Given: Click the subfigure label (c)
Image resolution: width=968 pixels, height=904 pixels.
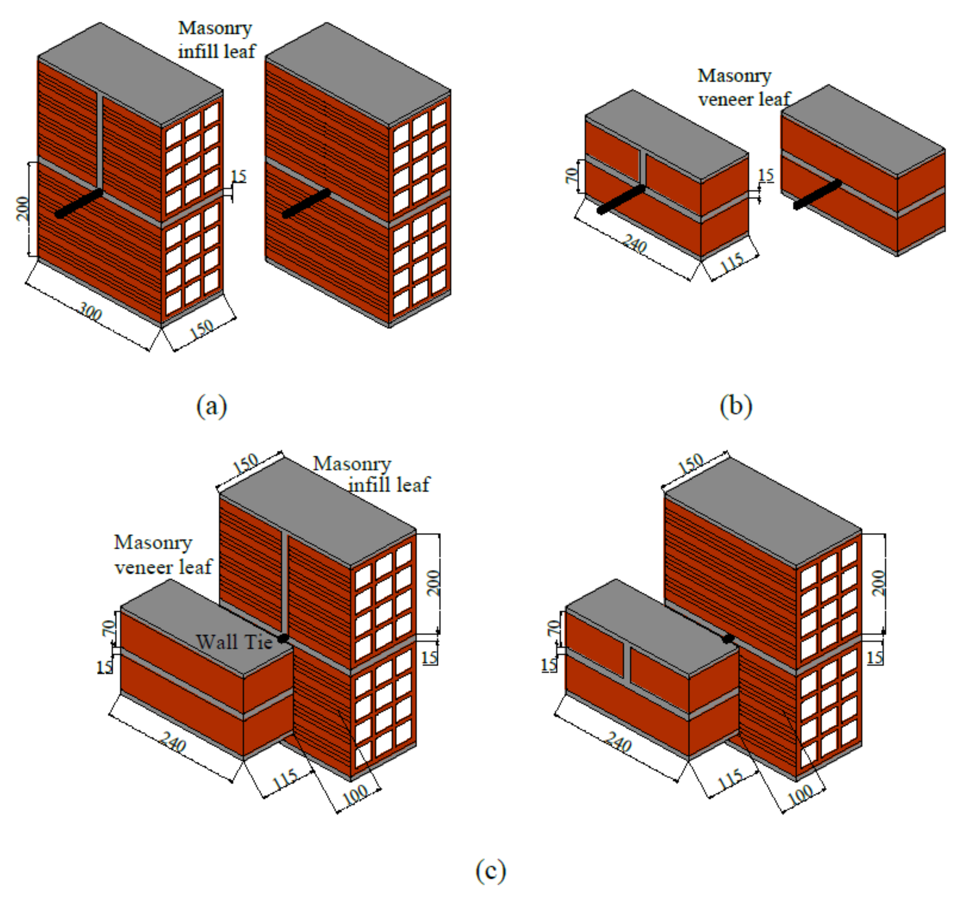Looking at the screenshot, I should tap(490, 870).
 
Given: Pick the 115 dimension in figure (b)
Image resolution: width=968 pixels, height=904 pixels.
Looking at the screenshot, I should tap(732, 263).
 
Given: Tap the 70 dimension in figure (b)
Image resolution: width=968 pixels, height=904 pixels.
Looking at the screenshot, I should tap(572, 175).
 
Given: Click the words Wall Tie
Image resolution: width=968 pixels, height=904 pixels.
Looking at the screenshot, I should tap(234, 642).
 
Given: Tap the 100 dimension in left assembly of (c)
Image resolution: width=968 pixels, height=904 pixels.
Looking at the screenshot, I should tap(356, 796).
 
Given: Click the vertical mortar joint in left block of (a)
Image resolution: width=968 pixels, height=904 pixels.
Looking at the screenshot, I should tap(100, 141).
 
